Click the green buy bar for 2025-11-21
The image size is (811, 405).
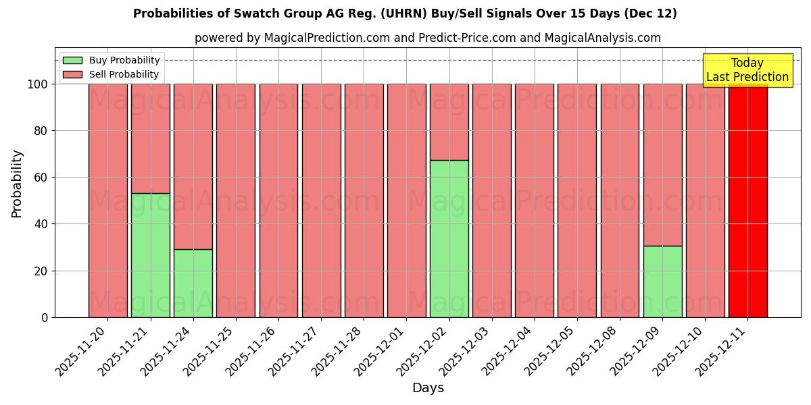click(150, 255)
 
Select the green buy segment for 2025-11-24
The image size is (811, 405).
click(193, 283)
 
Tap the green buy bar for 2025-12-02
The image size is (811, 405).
click(449, 239)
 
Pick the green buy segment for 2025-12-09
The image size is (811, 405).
click(662, 281)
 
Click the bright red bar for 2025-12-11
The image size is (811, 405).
click(747, 200)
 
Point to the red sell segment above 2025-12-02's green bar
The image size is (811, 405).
click(449, 122)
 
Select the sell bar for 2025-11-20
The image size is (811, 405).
click(107, 200)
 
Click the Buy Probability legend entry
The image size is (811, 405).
click(112, 60)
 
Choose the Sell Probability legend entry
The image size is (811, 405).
click(112, 74)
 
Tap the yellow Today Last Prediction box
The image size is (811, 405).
click(747, 70)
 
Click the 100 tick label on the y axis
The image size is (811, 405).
click(39, 84)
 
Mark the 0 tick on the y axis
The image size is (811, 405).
click(45, 317)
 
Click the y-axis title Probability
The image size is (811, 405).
click(17, 184)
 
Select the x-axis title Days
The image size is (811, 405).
click(428, 388)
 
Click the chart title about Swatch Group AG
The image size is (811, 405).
click(405, 13)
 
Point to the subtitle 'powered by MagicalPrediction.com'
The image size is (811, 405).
click(427, 38)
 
